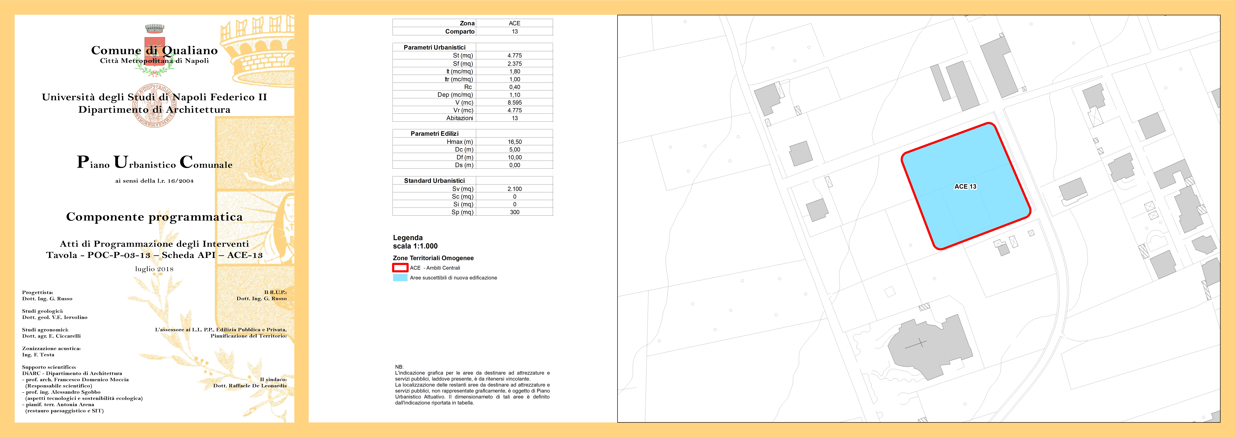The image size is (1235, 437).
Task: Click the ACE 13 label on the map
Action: tap(965, 187)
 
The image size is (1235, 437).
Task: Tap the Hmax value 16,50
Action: tap(514, 142)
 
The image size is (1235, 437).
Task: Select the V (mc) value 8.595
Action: tap(514, 103)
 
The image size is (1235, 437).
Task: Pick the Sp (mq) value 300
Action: tap(514, 212)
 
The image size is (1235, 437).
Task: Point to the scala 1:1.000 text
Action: tap(415, 246)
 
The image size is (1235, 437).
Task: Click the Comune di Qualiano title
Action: tap(154, 50)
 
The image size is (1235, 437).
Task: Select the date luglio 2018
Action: tap(154, 269)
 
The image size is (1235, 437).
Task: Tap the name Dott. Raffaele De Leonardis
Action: tap(250, 386)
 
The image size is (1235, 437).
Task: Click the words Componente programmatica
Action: tap(154, 217)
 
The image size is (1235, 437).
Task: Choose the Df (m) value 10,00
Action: tap(514, 157)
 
